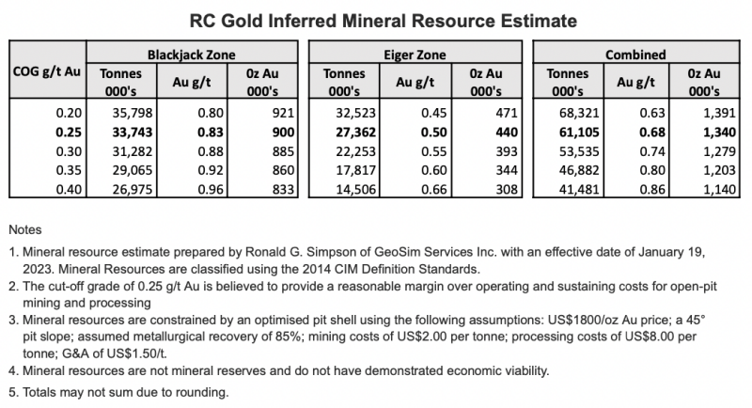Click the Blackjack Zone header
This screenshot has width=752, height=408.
[192, 55]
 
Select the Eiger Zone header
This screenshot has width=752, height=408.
[415, 55]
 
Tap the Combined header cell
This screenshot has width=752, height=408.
[635, 55]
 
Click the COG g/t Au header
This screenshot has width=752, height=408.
[46, 71]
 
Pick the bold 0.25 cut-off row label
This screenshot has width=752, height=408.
[69, 133]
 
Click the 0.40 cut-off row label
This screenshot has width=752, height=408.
[69, 189]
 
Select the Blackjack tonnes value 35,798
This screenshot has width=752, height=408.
[133, 113]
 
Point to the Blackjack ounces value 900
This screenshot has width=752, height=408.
[283, 133]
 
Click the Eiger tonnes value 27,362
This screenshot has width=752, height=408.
[355, 133]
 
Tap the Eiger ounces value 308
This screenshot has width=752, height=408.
[507, 189]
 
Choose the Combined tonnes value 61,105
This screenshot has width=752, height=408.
[579, 133]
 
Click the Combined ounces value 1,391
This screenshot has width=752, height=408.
[719, 113]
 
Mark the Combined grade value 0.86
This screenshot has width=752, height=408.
[652, 189]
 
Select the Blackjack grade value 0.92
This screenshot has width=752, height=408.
[211, 170]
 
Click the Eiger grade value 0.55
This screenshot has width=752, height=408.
[433, 151]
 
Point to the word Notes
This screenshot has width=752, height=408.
[25, 229]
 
